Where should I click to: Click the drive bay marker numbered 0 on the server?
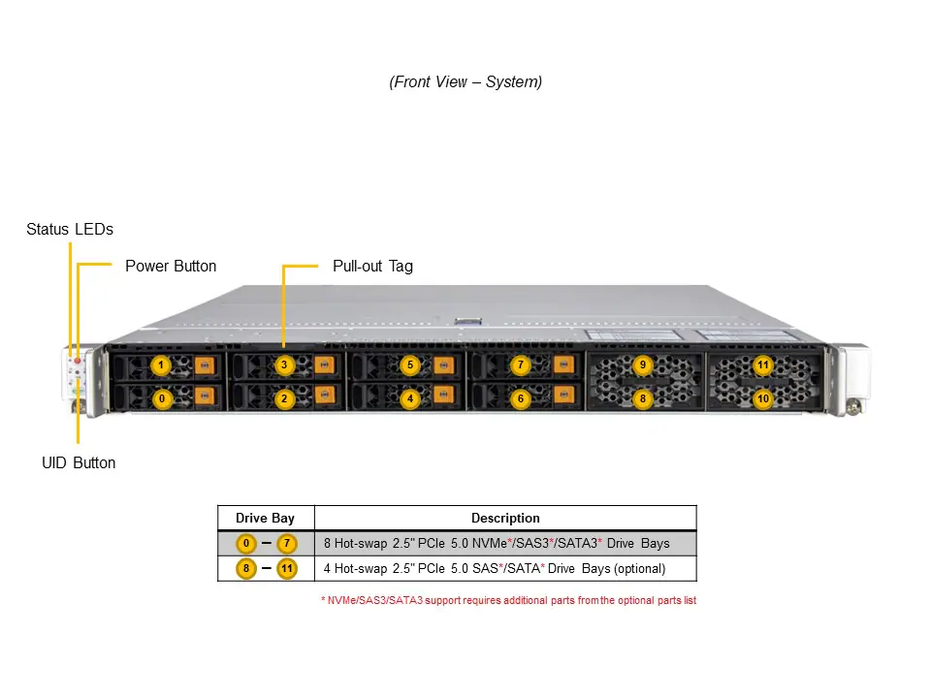coord(162,398)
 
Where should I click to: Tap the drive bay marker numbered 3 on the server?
coord(284,365)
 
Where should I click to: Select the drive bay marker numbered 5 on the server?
coord(410,365)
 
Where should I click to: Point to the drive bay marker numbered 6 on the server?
coord(521,398)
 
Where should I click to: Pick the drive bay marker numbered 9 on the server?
coord(642,365)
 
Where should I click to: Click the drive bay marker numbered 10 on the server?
coord(763,398)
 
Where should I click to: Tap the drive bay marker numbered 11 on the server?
coord(763,365)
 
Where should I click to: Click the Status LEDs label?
coord(70,230)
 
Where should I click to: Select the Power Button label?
coord(171,266)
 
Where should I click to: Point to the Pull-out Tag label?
coord(372,266)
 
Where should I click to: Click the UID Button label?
coord(79,462)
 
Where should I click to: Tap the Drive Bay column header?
coord(266,519)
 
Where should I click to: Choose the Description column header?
coord(505,519)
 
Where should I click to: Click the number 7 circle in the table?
coord(286,543)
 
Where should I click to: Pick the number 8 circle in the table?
coord(246,568)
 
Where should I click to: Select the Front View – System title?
coord(465,82)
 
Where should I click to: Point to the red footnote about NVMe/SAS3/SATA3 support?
coord(508,601)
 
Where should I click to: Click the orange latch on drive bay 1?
coord(204,365)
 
